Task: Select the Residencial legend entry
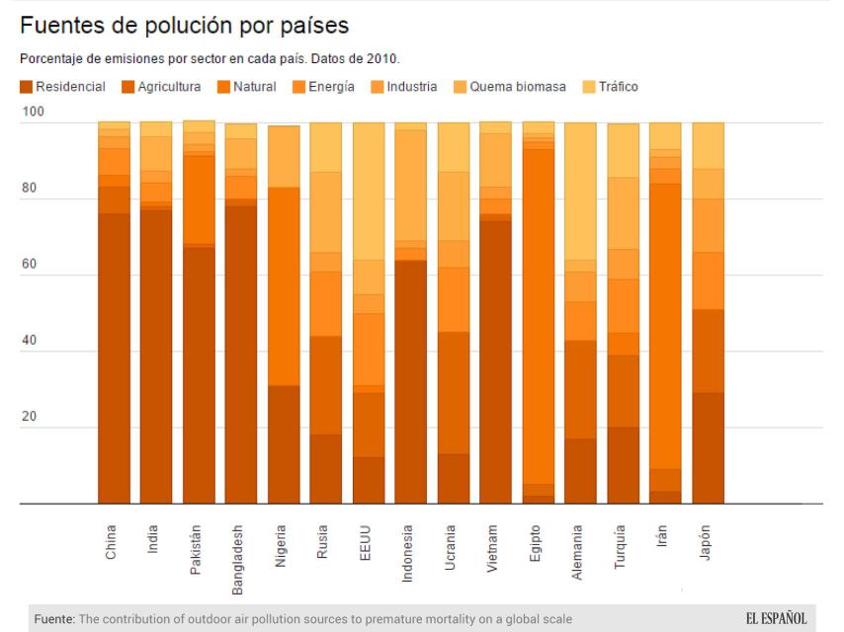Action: point(62,87)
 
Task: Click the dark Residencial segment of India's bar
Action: point(156,355)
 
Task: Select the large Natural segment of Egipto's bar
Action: point(539,316)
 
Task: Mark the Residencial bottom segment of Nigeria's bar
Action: point(284,444)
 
